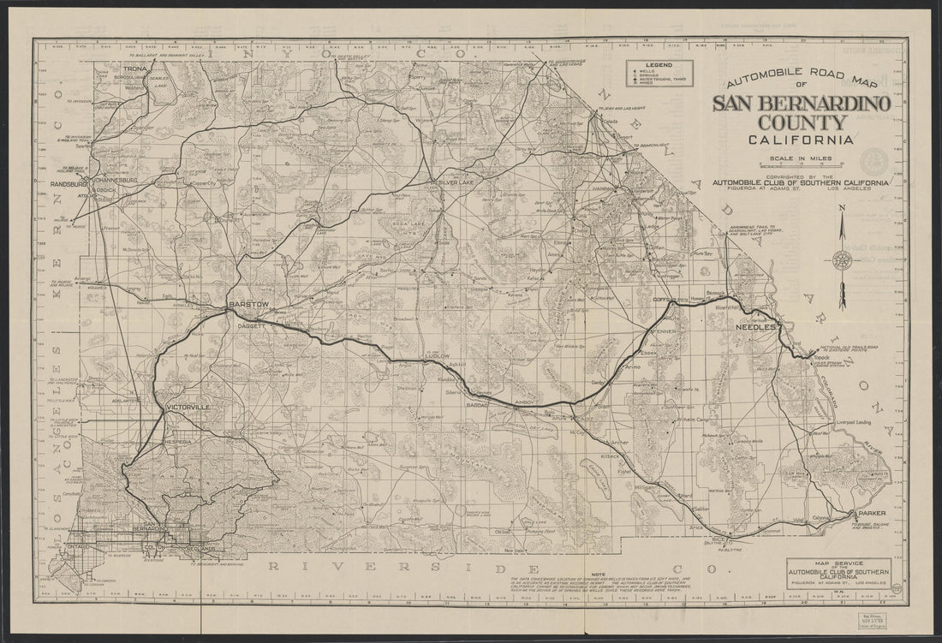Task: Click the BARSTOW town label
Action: pyautogui.click(x=249, y=303)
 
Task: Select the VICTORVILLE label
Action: pyautogui.click(x=189, y=407)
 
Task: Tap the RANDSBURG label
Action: pyautogui.click(x=70, y=183)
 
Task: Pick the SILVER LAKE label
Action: pyautogui.click(x=461, y=183)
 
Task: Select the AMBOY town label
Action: pyautogui.click(x=525, y=400)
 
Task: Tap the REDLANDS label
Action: pyautogui.click(x=205, y=548)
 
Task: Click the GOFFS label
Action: pyautogui.click(x=664, y=300)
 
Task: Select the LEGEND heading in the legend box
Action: pyautogui.click(x=659, y=66)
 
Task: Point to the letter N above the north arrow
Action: pyautogui.click(x=841, y=208)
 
